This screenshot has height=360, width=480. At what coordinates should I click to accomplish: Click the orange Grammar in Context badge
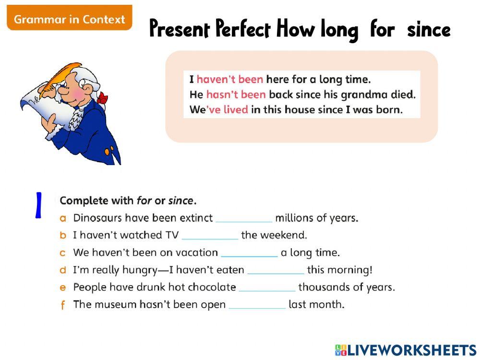point(69,19)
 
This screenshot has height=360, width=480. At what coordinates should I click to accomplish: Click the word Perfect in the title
point(242,30)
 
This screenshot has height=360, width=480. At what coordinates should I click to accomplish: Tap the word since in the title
point(428,30)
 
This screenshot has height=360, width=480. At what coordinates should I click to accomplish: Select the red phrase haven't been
point(229,79)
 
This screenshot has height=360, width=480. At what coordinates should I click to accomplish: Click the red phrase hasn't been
point(236,95)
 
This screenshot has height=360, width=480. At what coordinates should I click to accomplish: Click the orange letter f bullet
point(62,305)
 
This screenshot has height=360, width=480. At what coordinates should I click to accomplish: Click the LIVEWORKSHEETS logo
point(406,350)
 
